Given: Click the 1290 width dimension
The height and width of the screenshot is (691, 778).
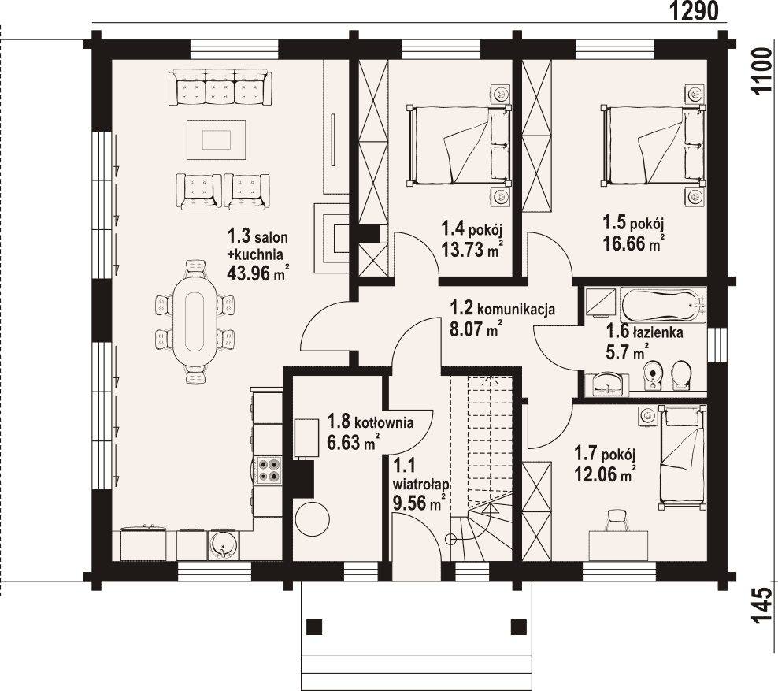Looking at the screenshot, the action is (x=695, y=11).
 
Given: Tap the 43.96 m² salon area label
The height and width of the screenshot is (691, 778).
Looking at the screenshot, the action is (x=258, y=273).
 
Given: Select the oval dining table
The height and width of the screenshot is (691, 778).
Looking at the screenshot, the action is (x=194, y=321).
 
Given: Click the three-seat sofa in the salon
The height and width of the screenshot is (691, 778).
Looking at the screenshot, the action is (x=220, y=87).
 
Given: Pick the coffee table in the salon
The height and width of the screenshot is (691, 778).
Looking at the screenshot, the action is (x=217, y=139).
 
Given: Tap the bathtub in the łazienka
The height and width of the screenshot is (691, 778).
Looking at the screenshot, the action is (x=663, y=304).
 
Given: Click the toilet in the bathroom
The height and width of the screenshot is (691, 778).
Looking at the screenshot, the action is (x=682, y=375).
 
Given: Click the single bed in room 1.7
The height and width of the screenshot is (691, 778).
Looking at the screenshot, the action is (x=682, y=458).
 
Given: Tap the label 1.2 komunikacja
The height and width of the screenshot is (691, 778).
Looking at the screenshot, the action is (x=502, y=308).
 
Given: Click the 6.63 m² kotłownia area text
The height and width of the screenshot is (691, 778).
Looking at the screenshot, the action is (x=354, y=441).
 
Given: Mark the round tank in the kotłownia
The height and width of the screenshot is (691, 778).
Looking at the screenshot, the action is (x=312, y=519).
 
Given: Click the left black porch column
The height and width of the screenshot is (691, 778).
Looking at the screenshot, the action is (x=314, y=626).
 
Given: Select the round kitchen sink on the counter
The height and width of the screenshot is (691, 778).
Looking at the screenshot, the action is (x=224, y=545).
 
